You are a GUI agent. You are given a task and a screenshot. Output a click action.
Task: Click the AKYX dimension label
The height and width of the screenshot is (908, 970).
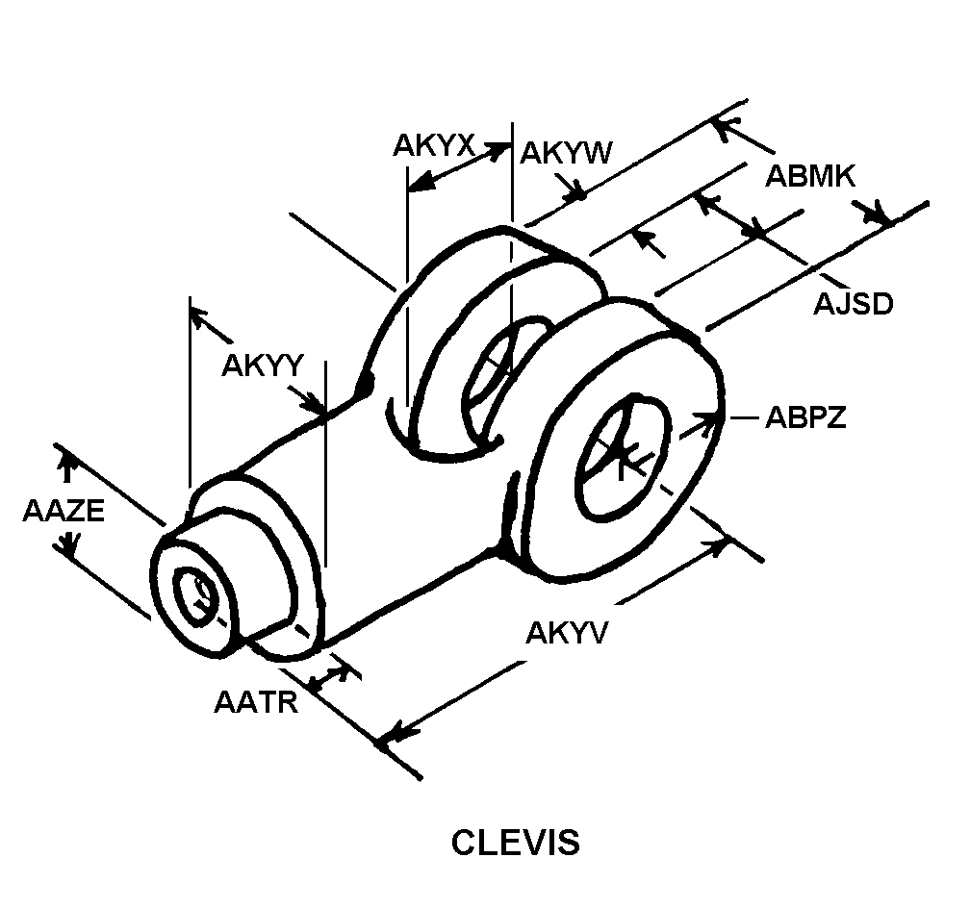point(434,146)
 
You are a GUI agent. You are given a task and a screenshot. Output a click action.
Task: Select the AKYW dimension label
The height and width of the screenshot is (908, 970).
point(566,153)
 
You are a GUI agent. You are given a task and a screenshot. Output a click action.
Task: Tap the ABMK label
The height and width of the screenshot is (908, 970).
point(810,176)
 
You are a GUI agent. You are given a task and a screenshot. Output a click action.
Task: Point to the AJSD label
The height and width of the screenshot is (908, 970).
point(853,304)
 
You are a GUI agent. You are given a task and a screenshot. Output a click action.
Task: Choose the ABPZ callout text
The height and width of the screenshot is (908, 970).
point(805,417)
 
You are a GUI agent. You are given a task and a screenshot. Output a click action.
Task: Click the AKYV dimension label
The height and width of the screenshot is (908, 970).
point(568,633)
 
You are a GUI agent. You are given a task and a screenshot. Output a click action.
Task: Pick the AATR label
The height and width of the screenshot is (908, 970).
point(256,702)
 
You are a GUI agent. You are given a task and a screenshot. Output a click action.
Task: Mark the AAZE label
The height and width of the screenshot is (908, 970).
point(64,511)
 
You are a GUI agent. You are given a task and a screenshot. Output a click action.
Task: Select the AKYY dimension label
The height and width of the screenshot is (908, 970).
point(263,365)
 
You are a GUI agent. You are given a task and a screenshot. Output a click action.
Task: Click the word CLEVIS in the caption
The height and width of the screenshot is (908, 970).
point(516,843)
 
